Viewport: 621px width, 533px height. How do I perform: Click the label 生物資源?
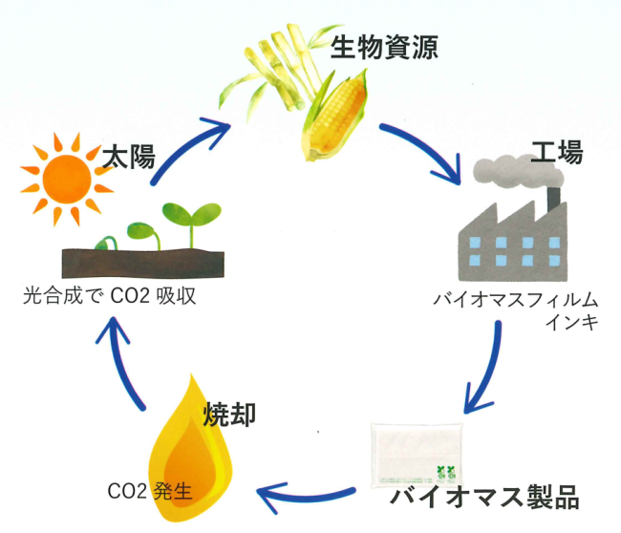click(384, 48)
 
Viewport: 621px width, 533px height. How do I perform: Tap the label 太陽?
click(129, 157)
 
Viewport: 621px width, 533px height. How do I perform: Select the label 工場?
click(557, 152)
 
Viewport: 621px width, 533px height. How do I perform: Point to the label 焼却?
click(229, 415)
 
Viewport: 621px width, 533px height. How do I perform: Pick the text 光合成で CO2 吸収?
click(109, 295)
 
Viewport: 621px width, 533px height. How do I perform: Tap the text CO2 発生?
click(150, 491)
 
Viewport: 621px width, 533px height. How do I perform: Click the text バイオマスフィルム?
click(516, 300)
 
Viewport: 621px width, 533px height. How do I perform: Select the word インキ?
click(572, 322)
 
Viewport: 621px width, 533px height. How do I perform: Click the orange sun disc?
click(67, 180)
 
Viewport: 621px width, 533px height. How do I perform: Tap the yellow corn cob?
click(336, 116)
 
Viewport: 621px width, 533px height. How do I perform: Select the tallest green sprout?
click(192, 222)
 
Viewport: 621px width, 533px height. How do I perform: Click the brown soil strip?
click(143, 263)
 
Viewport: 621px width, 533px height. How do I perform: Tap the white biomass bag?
click(418, 456)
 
